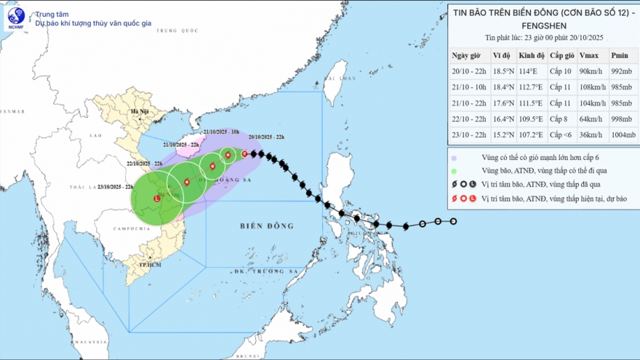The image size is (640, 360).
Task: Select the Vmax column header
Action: (588, 55)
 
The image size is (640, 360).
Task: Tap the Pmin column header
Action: (620, 55)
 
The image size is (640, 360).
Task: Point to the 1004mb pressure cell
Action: (620, 135)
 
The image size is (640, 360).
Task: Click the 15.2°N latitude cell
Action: (502, 135)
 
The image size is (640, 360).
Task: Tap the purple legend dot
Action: (455, 157)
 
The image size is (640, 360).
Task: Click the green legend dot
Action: (455, 171)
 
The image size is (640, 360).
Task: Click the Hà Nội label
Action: (137, 113)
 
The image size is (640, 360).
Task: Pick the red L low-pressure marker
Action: (158, 198)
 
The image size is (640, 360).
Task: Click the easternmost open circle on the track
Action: (453, 221)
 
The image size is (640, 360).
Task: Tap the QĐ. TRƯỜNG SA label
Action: (258, 271)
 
